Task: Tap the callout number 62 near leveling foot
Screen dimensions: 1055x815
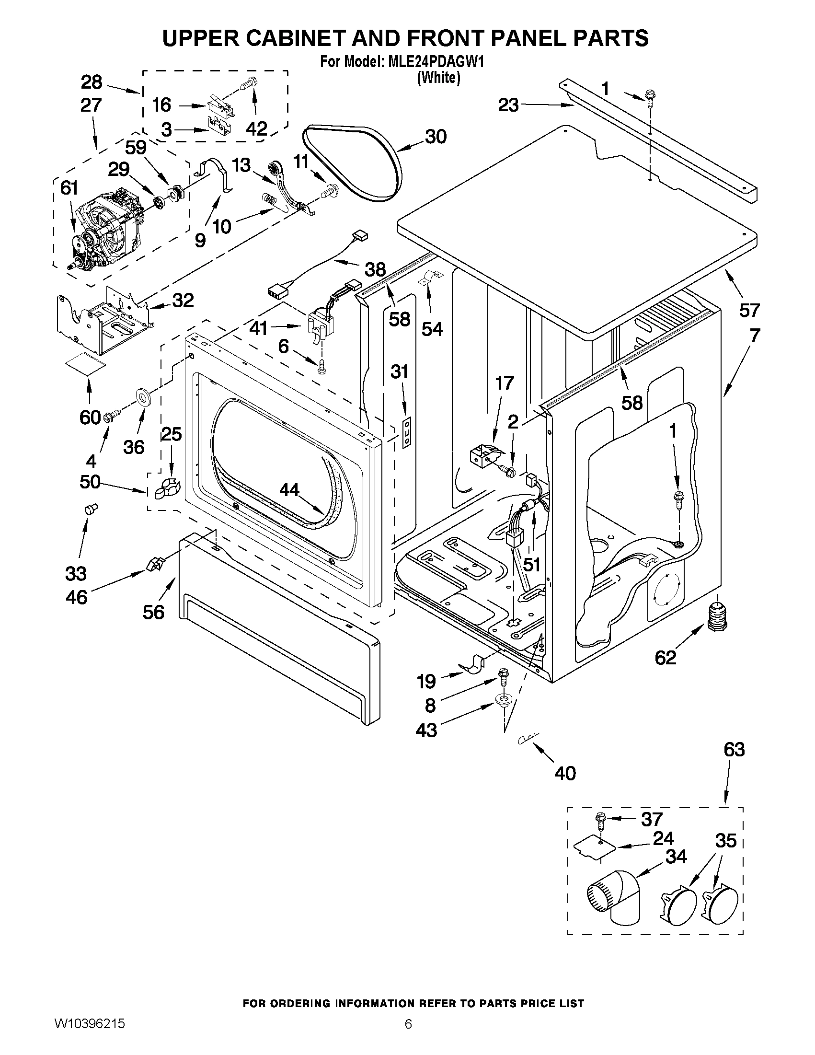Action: point(666,657)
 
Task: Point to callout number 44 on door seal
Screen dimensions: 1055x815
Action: point(289,490)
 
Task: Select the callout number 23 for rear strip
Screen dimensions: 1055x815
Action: point(508,105)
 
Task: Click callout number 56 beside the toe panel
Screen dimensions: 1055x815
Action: point(153,612)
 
